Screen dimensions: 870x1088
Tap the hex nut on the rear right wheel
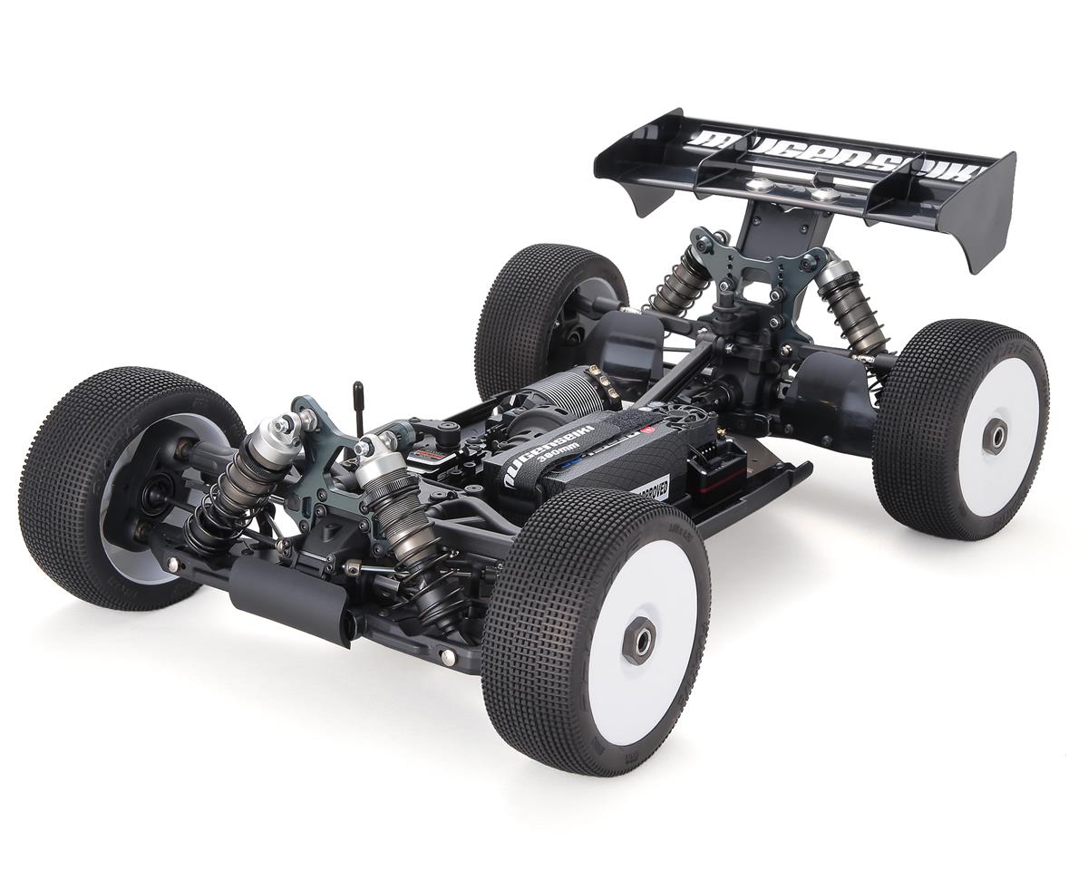tap(995, 436)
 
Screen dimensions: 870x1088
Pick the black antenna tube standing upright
tap(358, 409)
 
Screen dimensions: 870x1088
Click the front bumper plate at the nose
tap(290, 598)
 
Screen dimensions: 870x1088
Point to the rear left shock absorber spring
tap(676, 282)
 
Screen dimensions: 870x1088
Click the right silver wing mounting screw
tap(823, 194)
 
